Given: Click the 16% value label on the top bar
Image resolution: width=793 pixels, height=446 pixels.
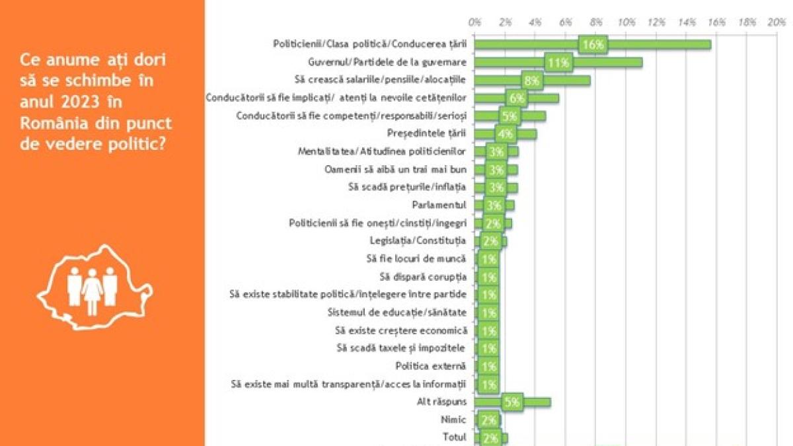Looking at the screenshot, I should tap(593, 45).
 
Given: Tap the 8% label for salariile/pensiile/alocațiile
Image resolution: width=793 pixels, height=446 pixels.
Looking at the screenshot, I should tap(532, 81).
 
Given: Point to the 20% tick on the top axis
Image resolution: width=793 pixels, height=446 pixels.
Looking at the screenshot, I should tap(777, 22).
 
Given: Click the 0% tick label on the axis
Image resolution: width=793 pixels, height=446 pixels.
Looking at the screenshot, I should tap(474, 22).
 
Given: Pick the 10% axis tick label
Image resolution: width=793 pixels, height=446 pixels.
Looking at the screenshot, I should tap(626, 22).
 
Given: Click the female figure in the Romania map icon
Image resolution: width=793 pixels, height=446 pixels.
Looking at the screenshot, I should tap(93, 291).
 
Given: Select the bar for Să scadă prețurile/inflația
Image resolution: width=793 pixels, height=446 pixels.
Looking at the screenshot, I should tap(496, 188).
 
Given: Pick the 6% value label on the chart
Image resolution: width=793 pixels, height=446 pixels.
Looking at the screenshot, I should tap(517, 98).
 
